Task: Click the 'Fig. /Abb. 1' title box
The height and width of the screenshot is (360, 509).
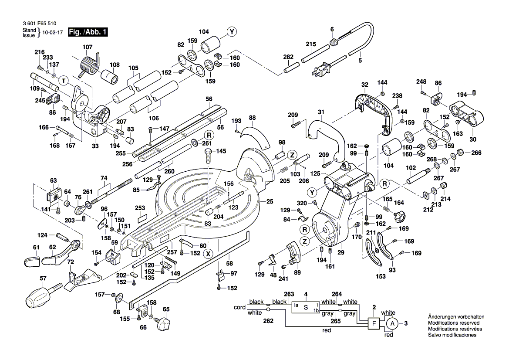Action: (86, 32)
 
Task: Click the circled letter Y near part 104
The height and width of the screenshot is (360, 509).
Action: (232, 31)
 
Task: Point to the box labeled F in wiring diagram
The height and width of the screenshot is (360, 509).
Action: (373, 323)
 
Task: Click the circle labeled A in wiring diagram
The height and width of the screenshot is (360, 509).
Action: (392, 323)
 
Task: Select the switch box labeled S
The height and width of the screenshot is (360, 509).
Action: (306, 307)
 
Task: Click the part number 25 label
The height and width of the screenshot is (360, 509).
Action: (270, 201)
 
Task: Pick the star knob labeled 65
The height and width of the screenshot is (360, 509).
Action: (165, 324)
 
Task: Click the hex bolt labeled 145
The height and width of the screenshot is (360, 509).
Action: (209, 156)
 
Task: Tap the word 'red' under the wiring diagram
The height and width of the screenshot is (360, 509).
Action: (326, 331)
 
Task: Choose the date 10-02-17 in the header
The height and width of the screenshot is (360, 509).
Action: (52, 32)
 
